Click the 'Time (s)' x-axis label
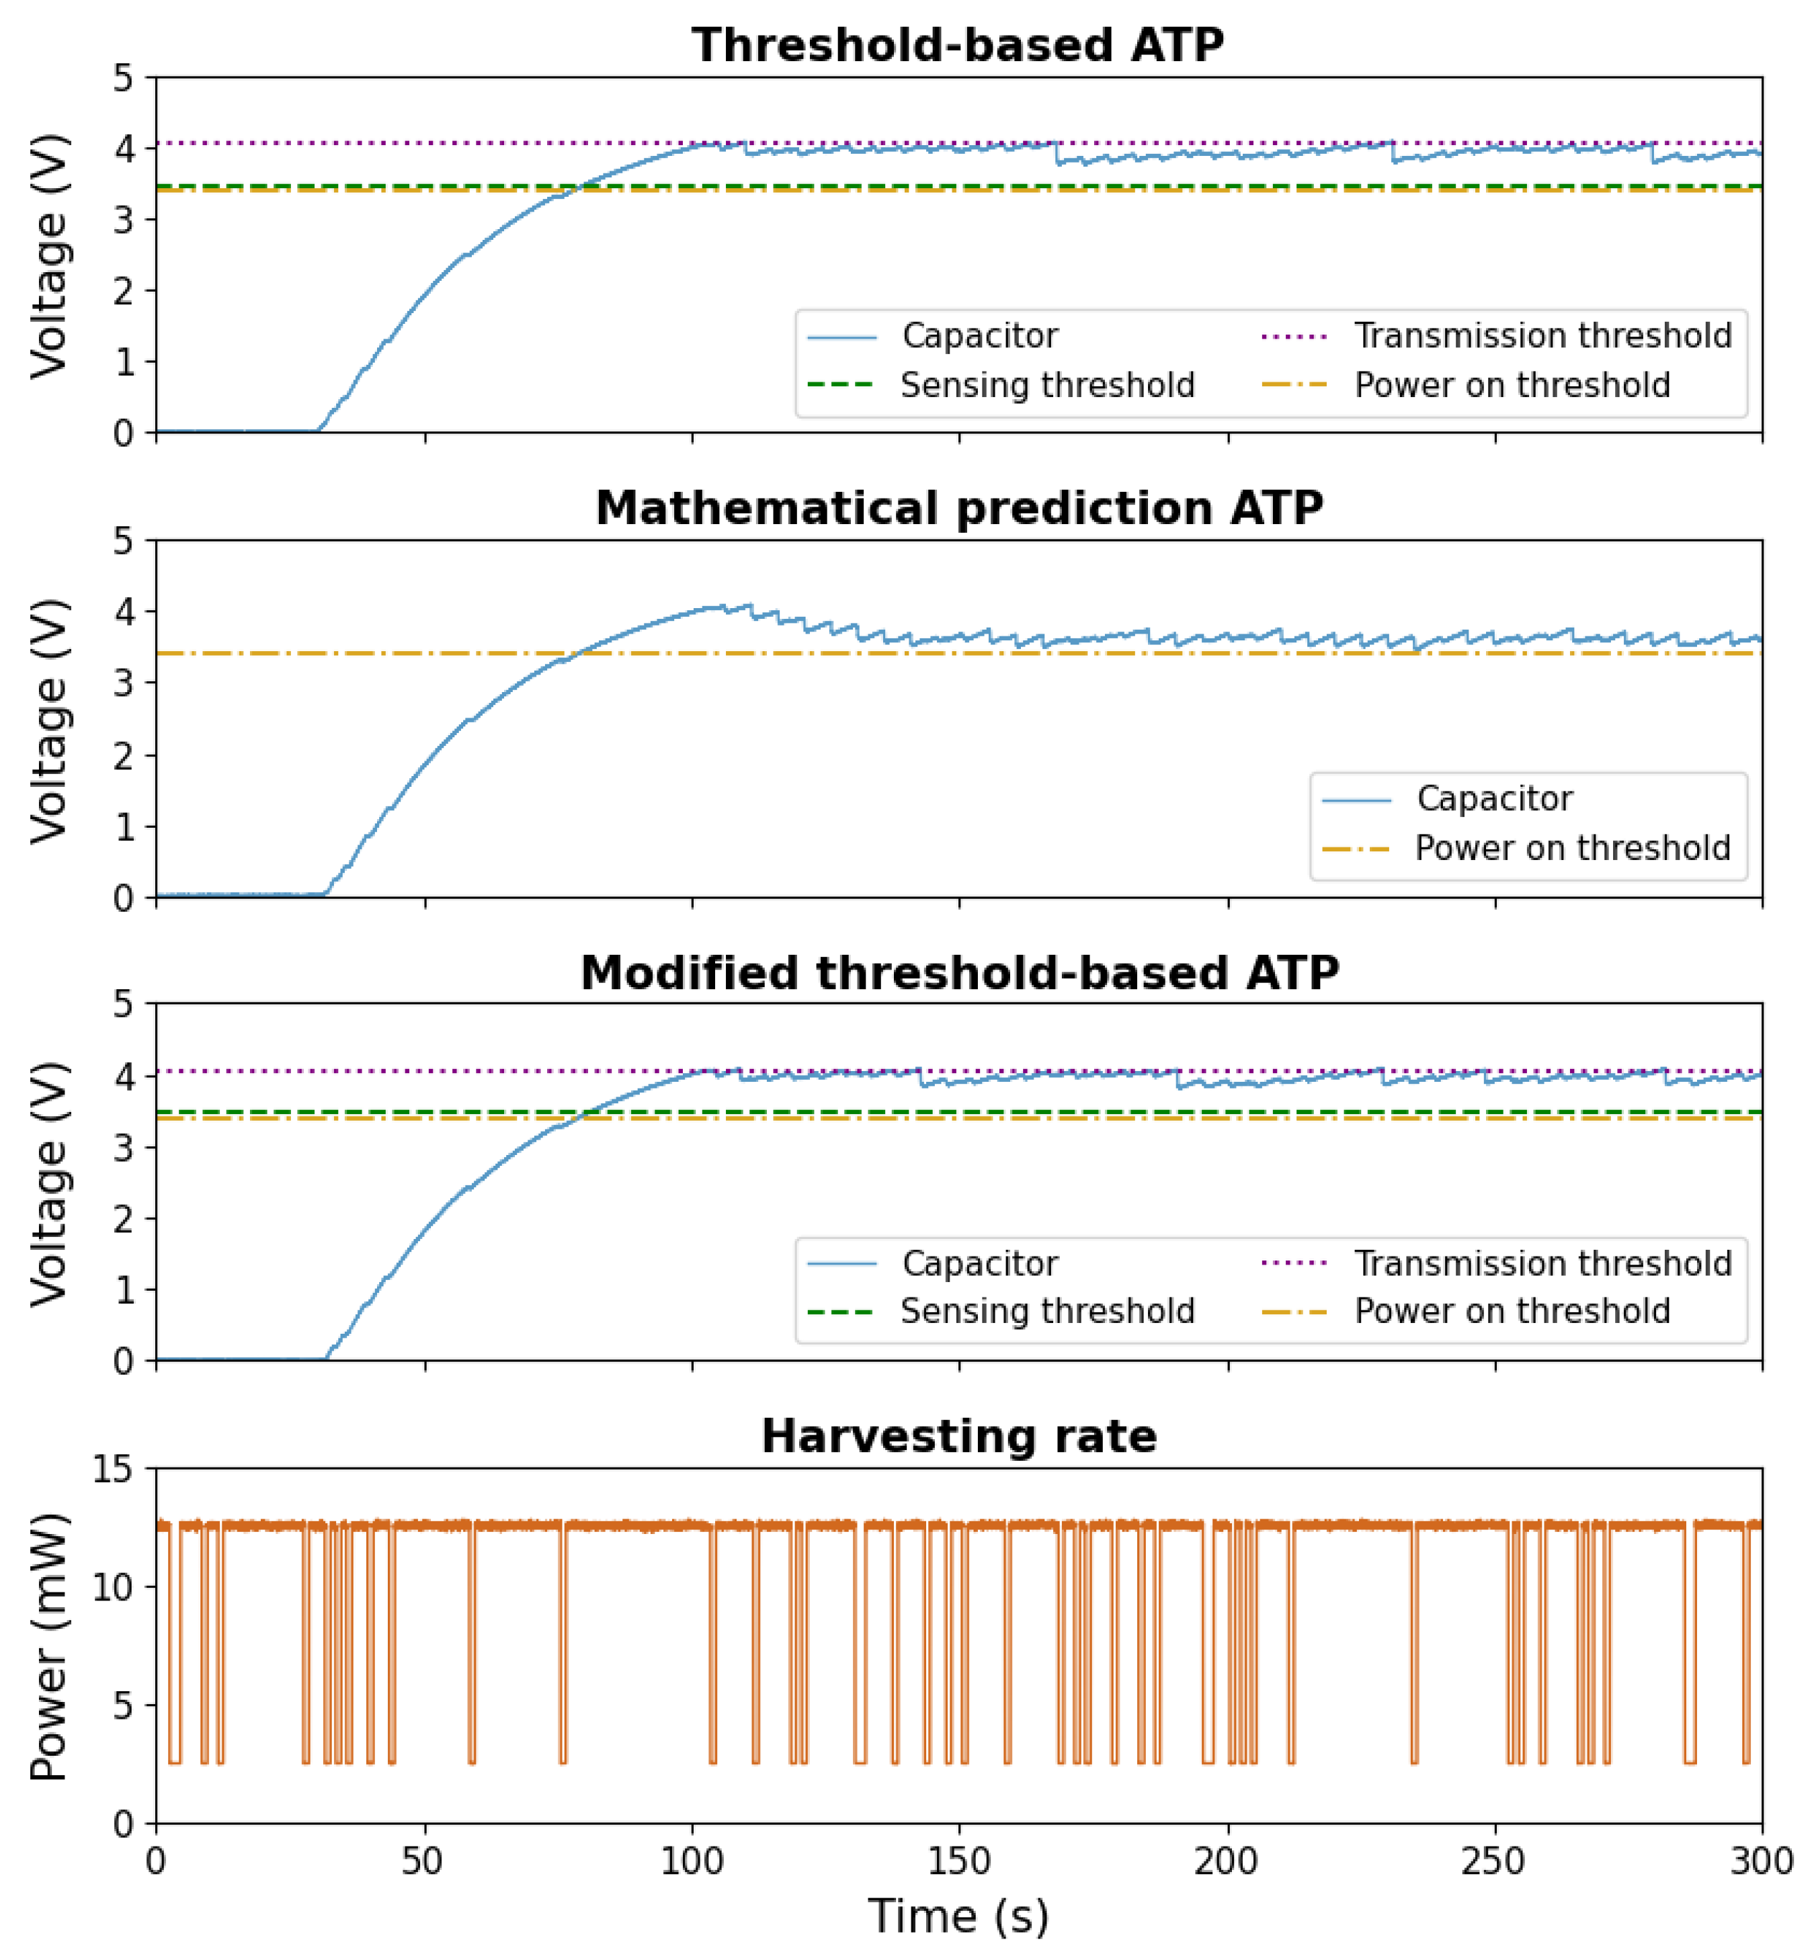coord(958,1916)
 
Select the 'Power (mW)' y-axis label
coord(49,1647)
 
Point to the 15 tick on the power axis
coord(113,1470)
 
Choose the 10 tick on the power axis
coord(113,1587)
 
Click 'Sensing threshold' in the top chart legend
coord(1047,386)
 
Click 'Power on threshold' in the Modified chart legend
coord(1512,1311)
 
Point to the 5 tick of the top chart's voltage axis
coord(123,77)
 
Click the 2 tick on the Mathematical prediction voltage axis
coord(123,756)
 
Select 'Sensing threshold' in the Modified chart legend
coord(1047,1311)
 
